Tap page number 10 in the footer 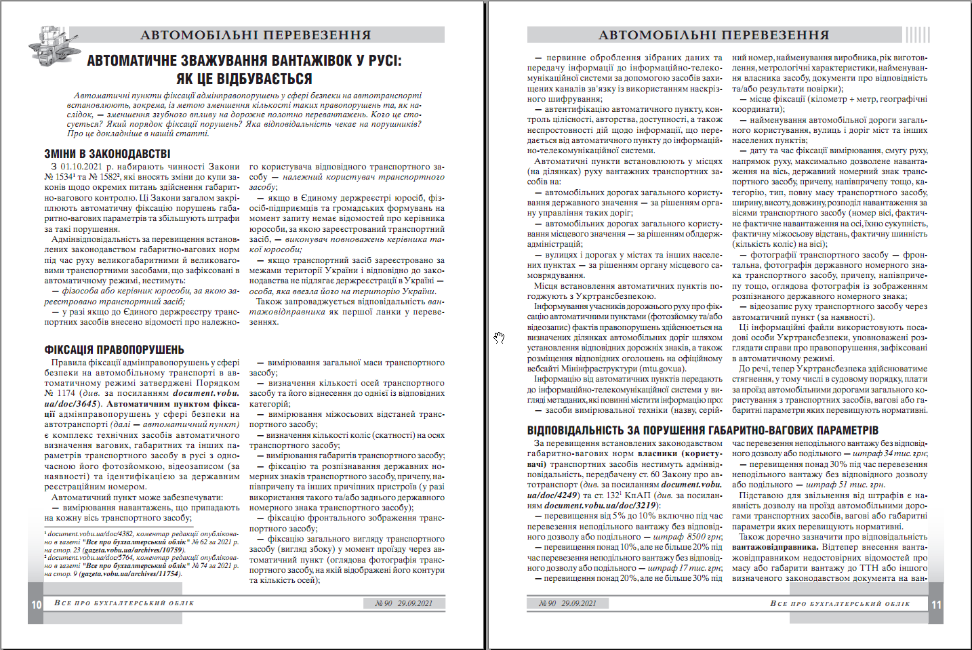coord(37,604)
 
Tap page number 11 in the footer coord(936,604)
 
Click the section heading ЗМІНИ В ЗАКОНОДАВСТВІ coord(107,154)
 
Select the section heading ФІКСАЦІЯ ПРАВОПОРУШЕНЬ coord(114,350)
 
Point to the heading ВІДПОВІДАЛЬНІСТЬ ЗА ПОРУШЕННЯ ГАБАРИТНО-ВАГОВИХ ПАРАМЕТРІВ coord(702,430)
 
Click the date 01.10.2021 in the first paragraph coord(81,167)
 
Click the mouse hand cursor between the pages coord(499,338)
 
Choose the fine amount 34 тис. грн coord(904,453)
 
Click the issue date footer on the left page coord(404,603)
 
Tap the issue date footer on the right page coord(568,603)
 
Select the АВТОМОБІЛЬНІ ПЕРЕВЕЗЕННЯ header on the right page coord(714,35)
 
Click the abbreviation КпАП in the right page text coord(637,495)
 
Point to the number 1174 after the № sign coord(66,393)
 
